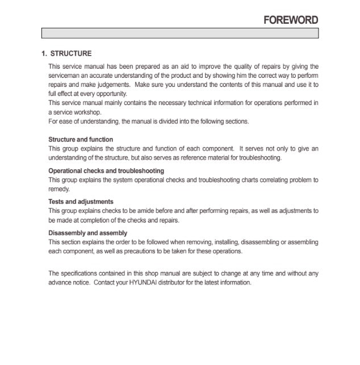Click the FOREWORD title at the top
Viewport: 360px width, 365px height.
pos(291,20)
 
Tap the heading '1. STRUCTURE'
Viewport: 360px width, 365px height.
pos(66,54)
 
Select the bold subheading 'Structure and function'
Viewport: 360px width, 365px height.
pos(81,140)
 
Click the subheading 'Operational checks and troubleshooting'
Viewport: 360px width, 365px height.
pos(106,171)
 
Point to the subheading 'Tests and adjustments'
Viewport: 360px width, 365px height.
pos(81,202)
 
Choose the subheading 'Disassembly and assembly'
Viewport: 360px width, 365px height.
pos(87,233)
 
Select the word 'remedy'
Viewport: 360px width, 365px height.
pos(58,189)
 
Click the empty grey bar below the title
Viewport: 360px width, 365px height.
pos(179,33)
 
